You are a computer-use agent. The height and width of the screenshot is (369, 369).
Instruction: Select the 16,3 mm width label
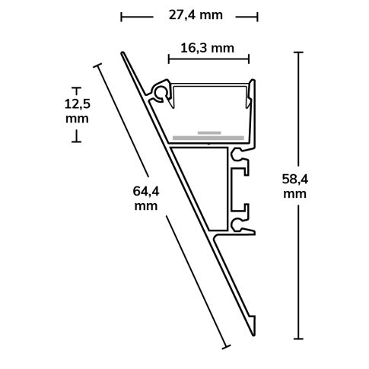pyautogui.click(x=207, y=48)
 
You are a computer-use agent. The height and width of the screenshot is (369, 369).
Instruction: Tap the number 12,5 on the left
pyautogui.click(x=77, y=104)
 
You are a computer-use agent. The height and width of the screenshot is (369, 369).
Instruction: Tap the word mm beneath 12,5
pyautogui.click(x=77, y=119)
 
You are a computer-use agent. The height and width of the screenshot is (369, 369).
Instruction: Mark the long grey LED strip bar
pyautogui.click(x=208, y=138)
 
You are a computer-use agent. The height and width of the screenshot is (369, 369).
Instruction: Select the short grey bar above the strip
pyautogui.click(x=209, y=132)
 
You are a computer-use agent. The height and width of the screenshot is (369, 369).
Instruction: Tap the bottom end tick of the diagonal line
pyautogui.click(x=225, y=346)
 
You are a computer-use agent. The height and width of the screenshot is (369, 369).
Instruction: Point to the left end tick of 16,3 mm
pyautogui.click(x=169, y=56)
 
